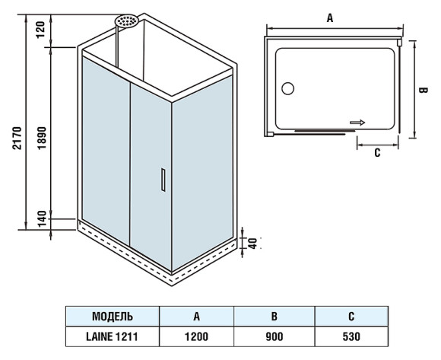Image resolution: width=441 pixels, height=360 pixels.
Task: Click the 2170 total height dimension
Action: [x=17, y=138]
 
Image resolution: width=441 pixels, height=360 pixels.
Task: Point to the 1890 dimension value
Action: [x=42, y=138]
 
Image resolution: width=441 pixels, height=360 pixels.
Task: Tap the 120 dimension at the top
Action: [x=40, y=29]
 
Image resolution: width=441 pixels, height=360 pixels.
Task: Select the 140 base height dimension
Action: [x=42, y=218]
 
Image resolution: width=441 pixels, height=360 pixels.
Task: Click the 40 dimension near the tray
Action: [x=253, y=244]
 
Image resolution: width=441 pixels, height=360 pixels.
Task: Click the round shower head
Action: [x=126, y=21]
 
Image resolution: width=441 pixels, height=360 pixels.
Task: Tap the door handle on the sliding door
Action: [x=163, y=180]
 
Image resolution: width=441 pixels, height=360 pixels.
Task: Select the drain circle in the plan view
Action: [x=287, y=88]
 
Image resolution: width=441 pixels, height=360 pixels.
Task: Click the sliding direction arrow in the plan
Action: [x=357, y=123]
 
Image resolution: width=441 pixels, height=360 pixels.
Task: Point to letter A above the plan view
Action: [x=330, y=18]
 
